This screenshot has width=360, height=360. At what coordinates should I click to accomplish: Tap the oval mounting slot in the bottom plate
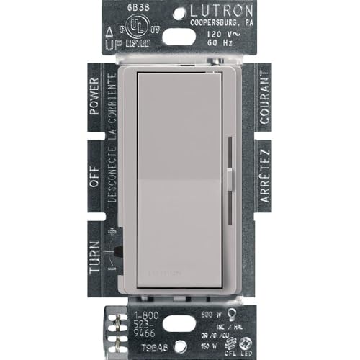point(179,336)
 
